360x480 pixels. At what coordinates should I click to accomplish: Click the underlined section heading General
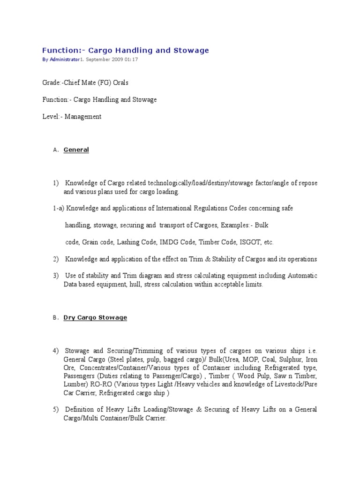(76, 150)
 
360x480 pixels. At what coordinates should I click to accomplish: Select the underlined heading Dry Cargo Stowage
(95, 317)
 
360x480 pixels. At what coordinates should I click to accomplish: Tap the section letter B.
(54, 318)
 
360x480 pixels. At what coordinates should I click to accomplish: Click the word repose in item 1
(307, 183)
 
